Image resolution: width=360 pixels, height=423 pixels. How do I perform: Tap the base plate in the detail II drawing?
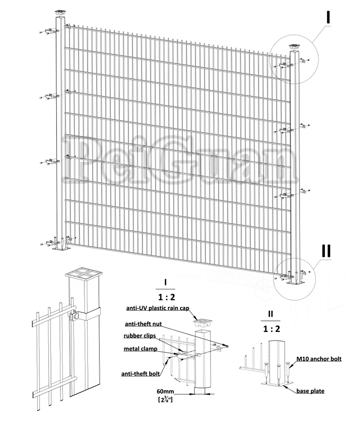[x=274, y=384]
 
